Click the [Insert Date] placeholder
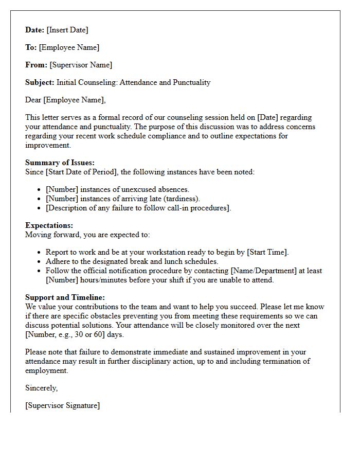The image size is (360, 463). coord(67,30)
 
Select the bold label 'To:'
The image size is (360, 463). coord(31,47)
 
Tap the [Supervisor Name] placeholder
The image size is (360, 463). coord(81,65)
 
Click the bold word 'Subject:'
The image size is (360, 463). coord(40,82)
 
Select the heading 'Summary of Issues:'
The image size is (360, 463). coord(60,163)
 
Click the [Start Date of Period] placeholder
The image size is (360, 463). coord(82,172)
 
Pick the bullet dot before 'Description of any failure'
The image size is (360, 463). coord(40,208)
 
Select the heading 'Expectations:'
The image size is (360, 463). coord(49,225)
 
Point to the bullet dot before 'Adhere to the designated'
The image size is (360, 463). coord(40,261)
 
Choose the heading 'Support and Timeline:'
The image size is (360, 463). coord(65,297)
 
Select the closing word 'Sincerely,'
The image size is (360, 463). coord(42,388)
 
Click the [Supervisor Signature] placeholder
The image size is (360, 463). coord(62,405)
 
